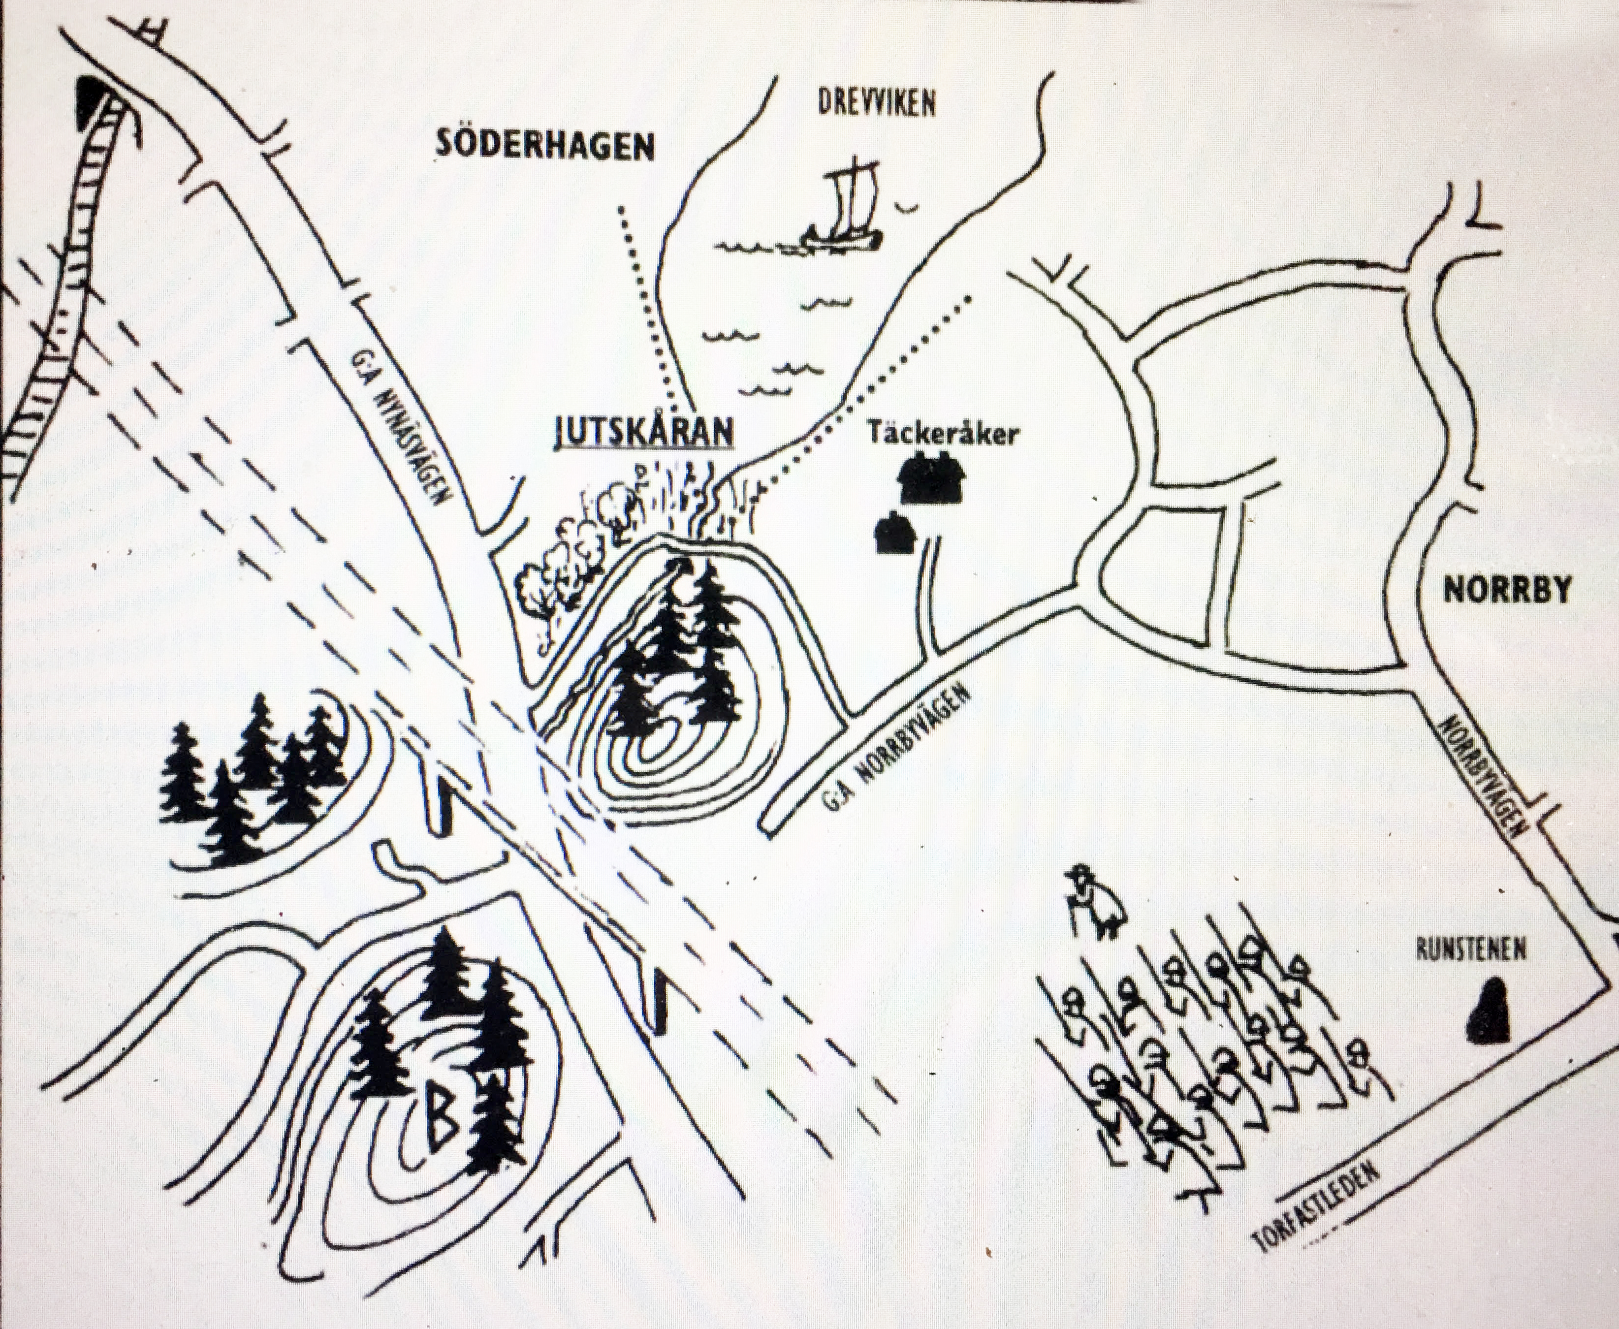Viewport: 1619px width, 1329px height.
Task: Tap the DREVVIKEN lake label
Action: [877, 103]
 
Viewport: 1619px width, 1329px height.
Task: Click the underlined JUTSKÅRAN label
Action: [643, 431]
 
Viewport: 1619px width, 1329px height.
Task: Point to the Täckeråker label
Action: [943, 434]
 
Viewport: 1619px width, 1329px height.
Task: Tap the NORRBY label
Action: [1506, 590]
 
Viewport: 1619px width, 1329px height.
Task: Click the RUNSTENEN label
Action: [1470, 950]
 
